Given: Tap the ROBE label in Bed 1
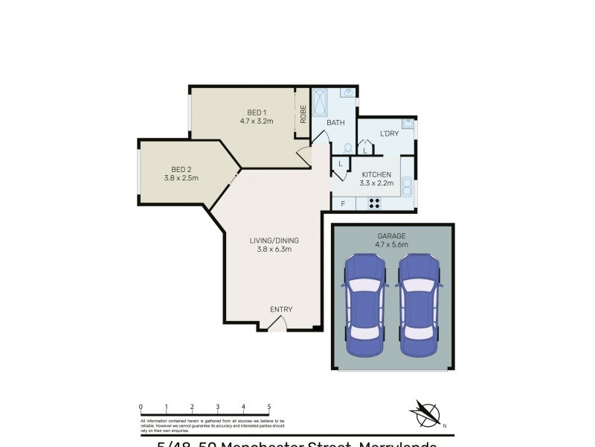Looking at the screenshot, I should [303, 113].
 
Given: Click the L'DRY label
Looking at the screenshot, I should [389, 133].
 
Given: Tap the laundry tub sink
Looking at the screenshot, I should [407, 123].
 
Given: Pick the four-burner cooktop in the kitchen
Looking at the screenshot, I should [374, 203].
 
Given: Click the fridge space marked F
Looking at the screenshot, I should [343, 203].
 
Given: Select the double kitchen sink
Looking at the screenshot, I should [407, 186].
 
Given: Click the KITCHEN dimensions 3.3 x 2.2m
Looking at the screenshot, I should [376, 183].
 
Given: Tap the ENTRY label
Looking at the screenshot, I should [281, 310].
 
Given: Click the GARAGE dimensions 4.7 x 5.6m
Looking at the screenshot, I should [391, 244].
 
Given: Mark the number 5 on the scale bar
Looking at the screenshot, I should [268, 407].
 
